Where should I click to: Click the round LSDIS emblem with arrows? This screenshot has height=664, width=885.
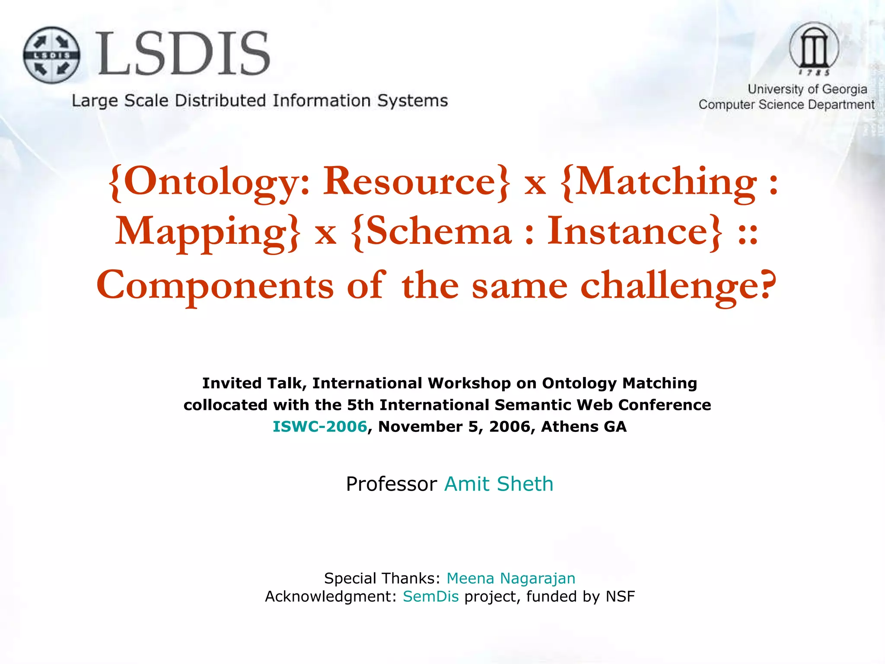click(x=51, y=55)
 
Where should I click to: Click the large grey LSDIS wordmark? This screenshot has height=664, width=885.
click(x=184, y=54)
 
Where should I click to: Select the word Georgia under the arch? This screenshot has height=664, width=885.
click(x=844, y=89)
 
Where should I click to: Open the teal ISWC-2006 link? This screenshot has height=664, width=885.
click(x=320, y=427)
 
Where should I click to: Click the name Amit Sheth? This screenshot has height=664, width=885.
click(x=499, y=484)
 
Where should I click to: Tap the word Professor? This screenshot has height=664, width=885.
click(x=392, y=484)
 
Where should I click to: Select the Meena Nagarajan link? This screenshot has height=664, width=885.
click(x=511, y=578)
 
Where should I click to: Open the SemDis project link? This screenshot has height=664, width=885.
click(x=431, y=597)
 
